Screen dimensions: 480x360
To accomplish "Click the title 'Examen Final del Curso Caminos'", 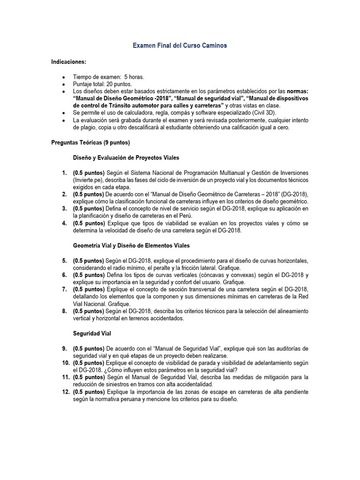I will pyautogui.click(x=180, y=45).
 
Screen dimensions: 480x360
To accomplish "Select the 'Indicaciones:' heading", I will pyautogui.click(x=69, y=62).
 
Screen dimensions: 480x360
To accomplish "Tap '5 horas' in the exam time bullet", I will pyautogui.click(x=134, y=76).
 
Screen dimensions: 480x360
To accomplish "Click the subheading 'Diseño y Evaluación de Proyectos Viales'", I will pyautogui.click(x=126, y=158).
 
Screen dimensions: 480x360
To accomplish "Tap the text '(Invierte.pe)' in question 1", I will pyautogui.click(x=89, y=180).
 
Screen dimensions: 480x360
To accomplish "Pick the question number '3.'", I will pyautogui.click(x=64, y=209).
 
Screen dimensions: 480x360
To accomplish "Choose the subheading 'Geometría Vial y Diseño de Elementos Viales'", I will pyautogui.click(x=132, y=245).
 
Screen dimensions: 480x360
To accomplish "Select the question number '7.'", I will pyautogui.click(x=64, y=290).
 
